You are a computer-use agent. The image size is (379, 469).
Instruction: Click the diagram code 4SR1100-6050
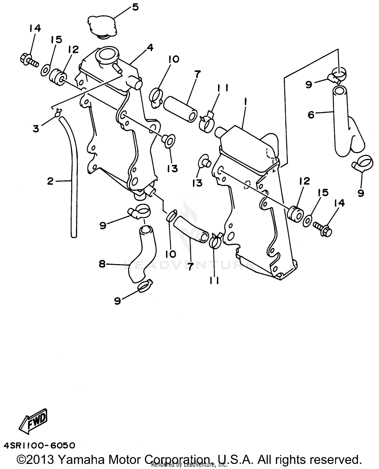point(39,445)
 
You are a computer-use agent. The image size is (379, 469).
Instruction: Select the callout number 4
point(150,47)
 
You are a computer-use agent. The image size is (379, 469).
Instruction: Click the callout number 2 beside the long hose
point(51,181)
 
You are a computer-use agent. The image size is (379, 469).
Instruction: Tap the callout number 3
point(36,129)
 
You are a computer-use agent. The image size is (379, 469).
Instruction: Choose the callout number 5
point(135,7)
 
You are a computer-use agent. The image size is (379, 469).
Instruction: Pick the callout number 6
point(311,115)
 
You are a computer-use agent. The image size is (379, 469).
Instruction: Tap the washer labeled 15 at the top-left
point(45,70)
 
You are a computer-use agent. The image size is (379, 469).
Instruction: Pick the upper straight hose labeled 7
point(180,109)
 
